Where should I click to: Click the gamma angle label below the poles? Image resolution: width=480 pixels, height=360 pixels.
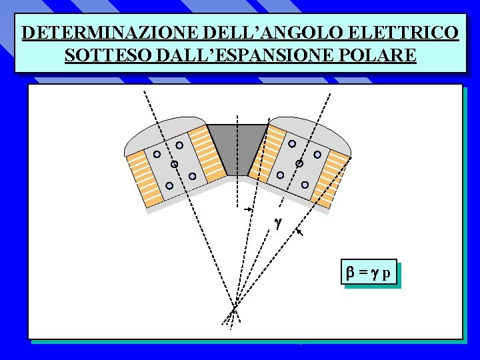[278, 223]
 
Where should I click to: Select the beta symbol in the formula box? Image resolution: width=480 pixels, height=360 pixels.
[351, 273]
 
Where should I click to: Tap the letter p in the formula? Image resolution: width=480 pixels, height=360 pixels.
[387, 274]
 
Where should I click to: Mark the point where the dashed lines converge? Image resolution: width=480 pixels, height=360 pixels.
[235, 308]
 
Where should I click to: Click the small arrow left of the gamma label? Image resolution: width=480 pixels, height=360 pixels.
[248, 209]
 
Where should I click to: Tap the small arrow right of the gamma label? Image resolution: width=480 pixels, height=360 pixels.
[300, 232]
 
